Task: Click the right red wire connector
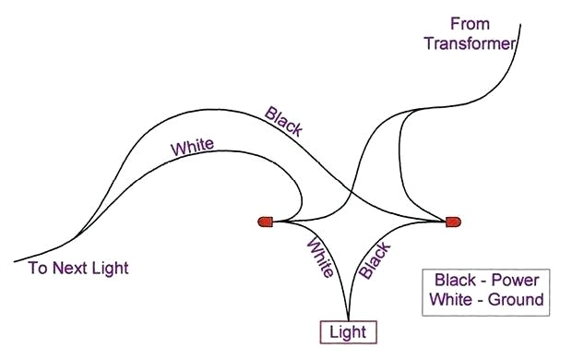452,222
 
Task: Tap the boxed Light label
349,331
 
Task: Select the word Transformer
469,43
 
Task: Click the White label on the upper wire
192,146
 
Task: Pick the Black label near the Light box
374,260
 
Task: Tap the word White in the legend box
449,300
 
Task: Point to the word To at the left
37,269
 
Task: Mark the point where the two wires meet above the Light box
349,315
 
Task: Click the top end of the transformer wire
520,25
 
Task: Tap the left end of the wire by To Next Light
15,261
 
